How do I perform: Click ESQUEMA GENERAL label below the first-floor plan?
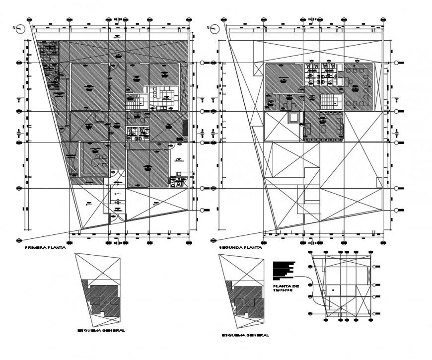click(x=101, y=330)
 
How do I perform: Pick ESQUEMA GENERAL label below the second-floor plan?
click(x=246, y=335)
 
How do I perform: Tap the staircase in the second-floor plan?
click(x=330, y=102)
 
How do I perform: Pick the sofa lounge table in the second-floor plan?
click(x=324, y=126)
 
